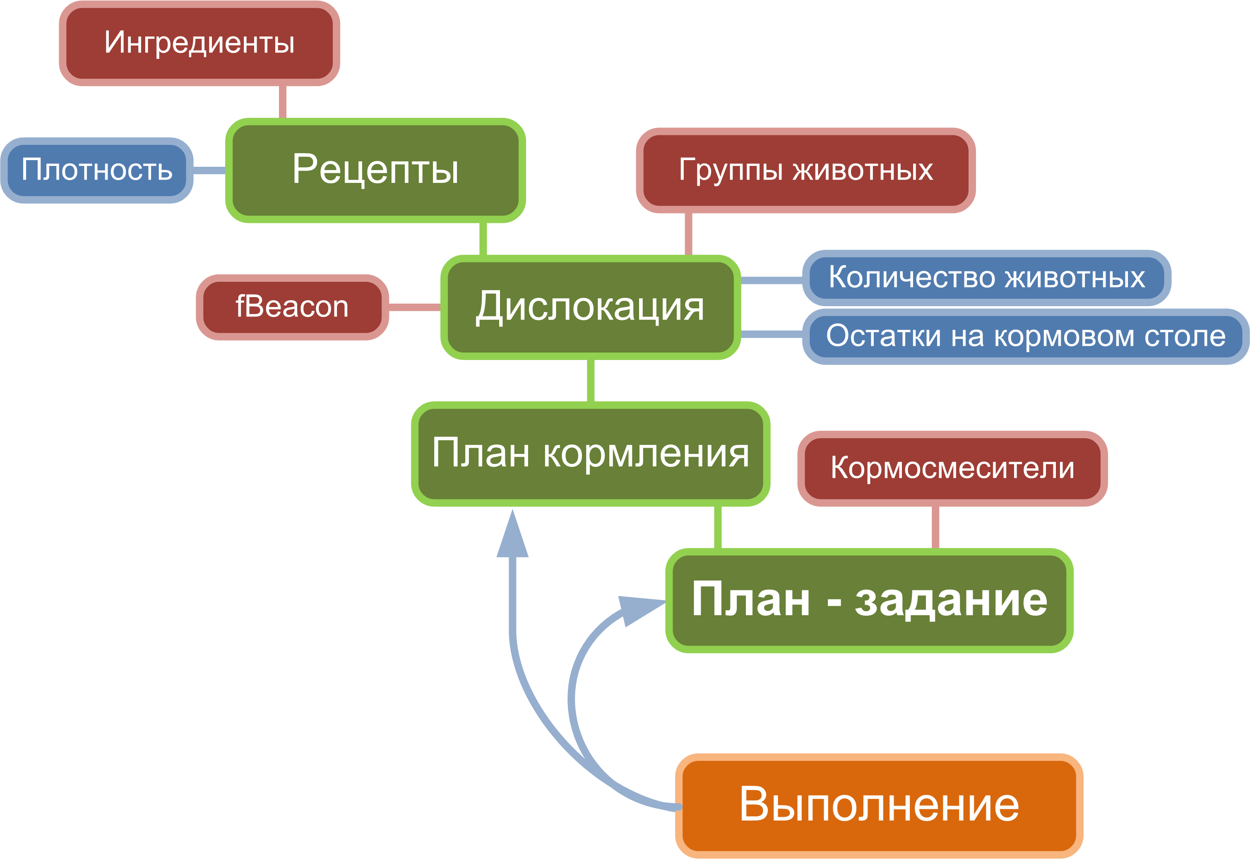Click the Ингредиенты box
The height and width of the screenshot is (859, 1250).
[x=199, y=43]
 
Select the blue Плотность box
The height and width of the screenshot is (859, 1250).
[x=97, y=170]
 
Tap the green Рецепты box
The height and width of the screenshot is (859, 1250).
[x=375, y=170]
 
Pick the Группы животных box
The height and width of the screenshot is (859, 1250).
[x=805, y=170]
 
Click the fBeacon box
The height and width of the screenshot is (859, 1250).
[x=292, y=307]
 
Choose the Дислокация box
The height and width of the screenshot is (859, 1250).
[x=591, y=307]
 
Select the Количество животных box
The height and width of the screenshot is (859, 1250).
[x=986, y=278]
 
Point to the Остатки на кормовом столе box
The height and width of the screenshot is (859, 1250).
[x=1026, y=336]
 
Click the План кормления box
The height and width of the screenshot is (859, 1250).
[x=591, y=454]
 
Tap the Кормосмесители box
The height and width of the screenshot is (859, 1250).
[x=952, y=468]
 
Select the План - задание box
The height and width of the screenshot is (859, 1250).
[x=869, y=601]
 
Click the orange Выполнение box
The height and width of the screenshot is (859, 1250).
[x=879, y=806]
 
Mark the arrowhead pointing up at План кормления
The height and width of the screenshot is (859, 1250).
[x=512, y=533]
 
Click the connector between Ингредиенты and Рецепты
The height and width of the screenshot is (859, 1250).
[x=283, y=102]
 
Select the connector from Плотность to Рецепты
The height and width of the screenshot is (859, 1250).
[x=209, y=170]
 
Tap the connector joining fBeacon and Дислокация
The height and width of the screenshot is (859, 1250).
[x=414, y=307]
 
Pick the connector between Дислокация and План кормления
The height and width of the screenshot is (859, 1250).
[x=591, y=381]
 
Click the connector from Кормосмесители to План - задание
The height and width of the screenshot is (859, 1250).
[x=935, y=528]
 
